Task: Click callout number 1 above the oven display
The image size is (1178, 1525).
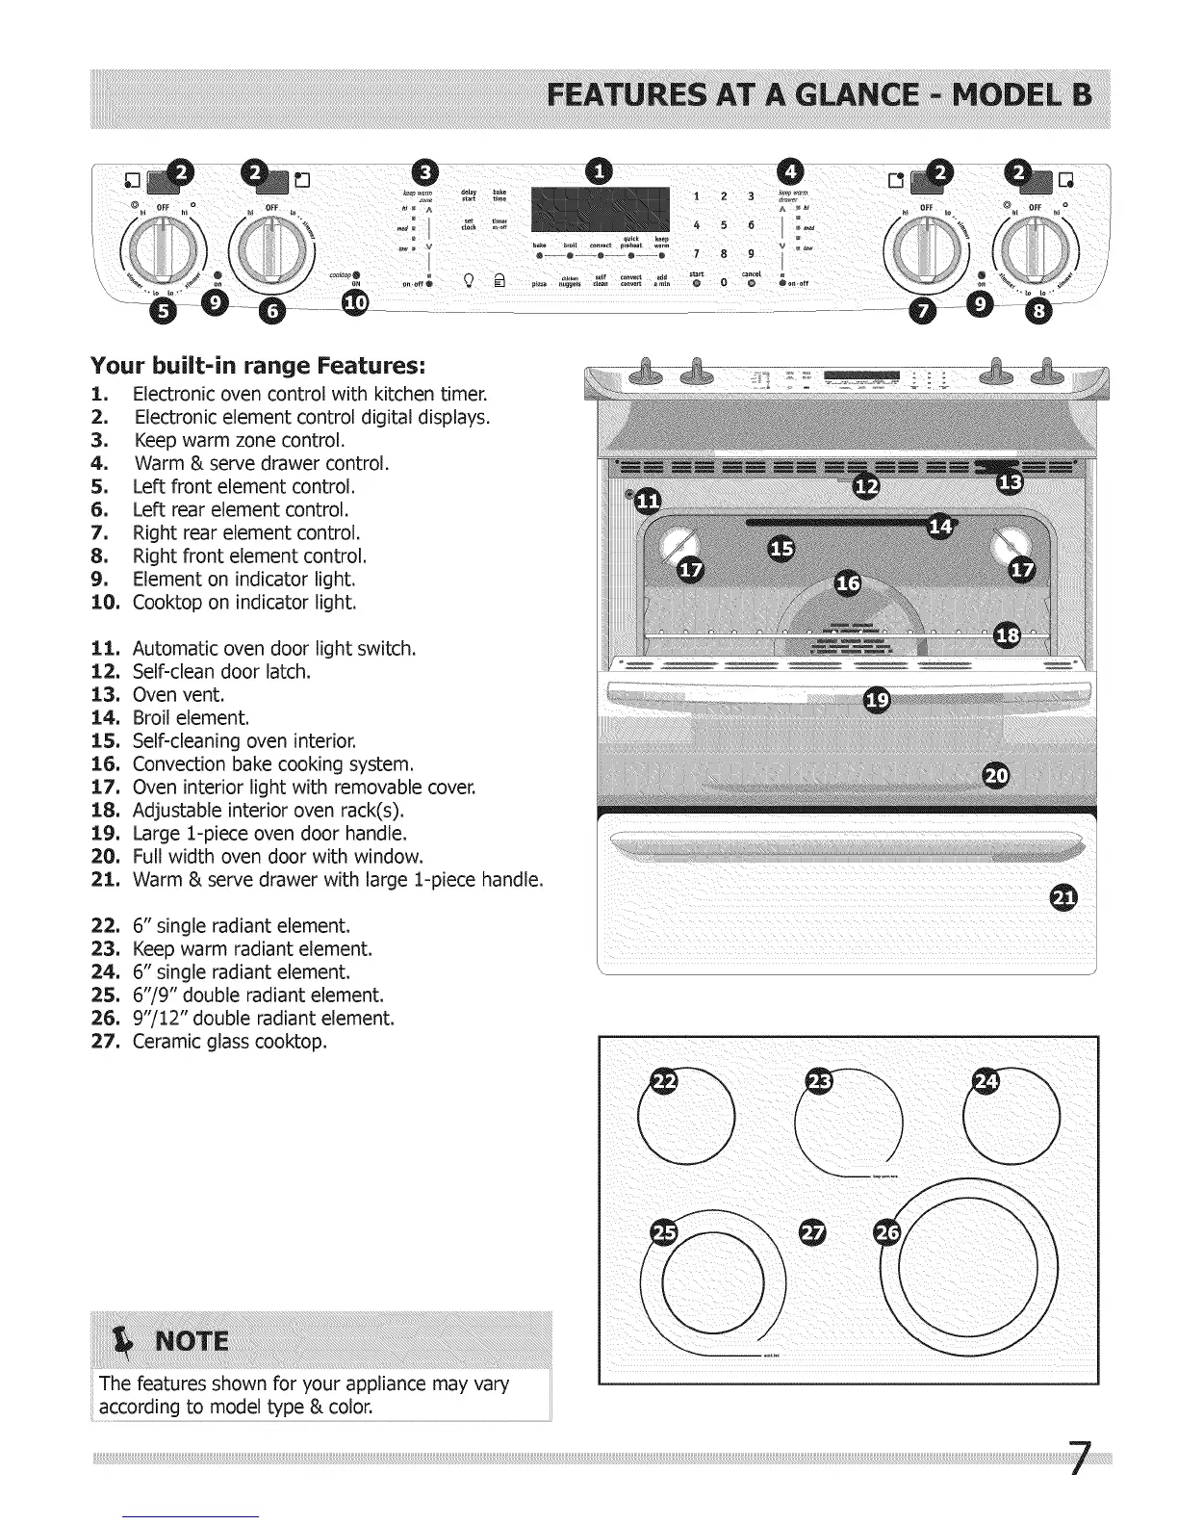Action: pyautogui.click(x=601, y=172)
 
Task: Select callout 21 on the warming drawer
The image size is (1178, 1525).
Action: pyautogui.click(x=1063, y=897)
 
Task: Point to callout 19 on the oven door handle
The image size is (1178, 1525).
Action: pyautogui.click(x=877, y=700)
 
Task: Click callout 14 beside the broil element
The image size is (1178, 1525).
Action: pyautogui.click(x=940, y=527)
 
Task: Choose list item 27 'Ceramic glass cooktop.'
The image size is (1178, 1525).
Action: pyautogui.click(x=230, y=1041)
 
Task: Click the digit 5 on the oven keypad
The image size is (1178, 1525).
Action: pyautogui.click(x=722, y=225)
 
